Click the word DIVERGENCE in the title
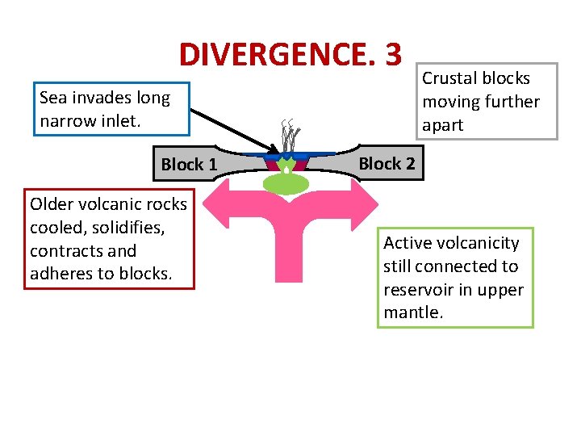[278, 55]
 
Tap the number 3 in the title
[393, 55]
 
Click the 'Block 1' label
[189, 165]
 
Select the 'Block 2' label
[387, 164]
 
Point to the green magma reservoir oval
[286, 184]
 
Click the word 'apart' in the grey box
[442, 124]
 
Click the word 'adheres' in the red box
[61, 273]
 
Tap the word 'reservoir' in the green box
[418, 289]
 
